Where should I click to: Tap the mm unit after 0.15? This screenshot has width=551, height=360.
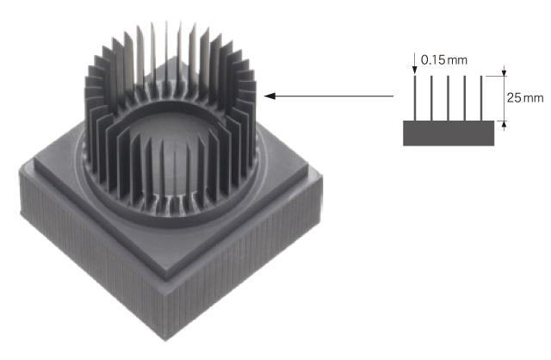457,61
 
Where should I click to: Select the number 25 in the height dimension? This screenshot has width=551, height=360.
514,97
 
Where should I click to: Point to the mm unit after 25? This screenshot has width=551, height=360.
534,98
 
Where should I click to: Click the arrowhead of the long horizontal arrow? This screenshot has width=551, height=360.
269,96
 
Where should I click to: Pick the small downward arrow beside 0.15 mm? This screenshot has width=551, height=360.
415,64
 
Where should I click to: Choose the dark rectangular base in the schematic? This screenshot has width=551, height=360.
449,133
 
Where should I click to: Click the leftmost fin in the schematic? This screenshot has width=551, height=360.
415,98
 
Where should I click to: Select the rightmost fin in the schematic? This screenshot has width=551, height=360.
481,98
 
